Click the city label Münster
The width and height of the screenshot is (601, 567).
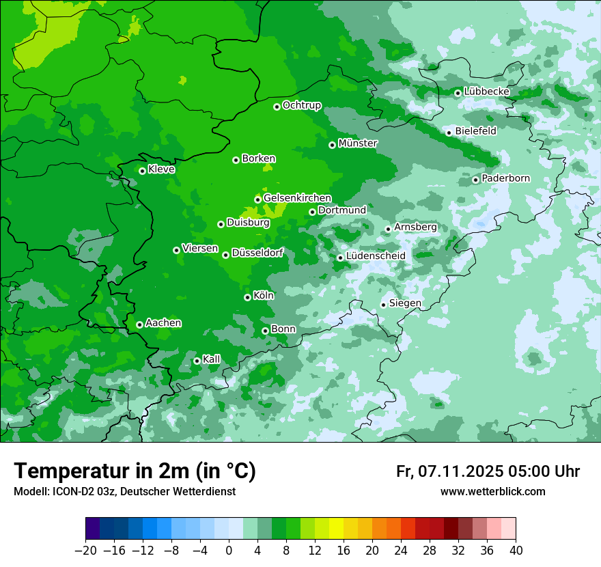click(358, 143)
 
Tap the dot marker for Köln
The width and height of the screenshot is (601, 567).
click(247, 297)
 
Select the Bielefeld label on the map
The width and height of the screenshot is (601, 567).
click(475, 130)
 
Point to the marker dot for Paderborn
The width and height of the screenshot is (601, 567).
click(475, 180)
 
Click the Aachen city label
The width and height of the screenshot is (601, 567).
click(163, 322)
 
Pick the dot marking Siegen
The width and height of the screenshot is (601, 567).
click(383, 305)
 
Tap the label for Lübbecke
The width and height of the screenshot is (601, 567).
click(486, 92)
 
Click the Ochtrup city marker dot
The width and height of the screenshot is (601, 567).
click(277, 107)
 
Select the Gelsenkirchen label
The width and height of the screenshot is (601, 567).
click(297, 198)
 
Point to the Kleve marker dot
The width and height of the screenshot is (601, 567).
click(142, 171)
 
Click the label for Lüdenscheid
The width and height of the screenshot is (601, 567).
click(376, 255)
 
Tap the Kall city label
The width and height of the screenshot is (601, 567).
click(212, 359)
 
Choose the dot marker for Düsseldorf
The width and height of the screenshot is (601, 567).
click(225, 255)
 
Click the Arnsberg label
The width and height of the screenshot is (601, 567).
click(415, 227)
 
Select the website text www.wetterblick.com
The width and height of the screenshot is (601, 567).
click(492, 492)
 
